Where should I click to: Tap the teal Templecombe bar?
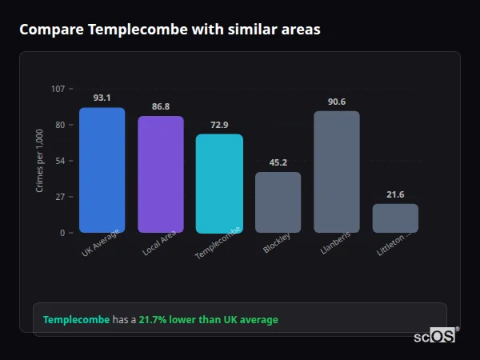click(219, 183)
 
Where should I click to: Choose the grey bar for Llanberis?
click(337, 172)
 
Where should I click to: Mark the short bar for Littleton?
click(395, 218)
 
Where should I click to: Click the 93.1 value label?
click(102, 98)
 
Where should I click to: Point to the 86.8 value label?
click(161, 106)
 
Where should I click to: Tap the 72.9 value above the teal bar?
click(219, 124)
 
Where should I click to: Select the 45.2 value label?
click(278, 162)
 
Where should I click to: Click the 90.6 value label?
click(337, 102)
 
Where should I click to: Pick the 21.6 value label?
click(395, 194)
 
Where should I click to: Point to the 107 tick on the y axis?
click(58, 89)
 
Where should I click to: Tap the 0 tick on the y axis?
click(62, 233)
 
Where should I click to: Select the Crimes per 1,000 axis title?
click(40, 161)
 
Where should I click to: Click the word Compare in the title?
click(50, 30)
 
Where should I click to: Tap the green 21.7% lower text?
click(185, 320)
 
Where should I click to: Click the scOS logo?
click(435, 336)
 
